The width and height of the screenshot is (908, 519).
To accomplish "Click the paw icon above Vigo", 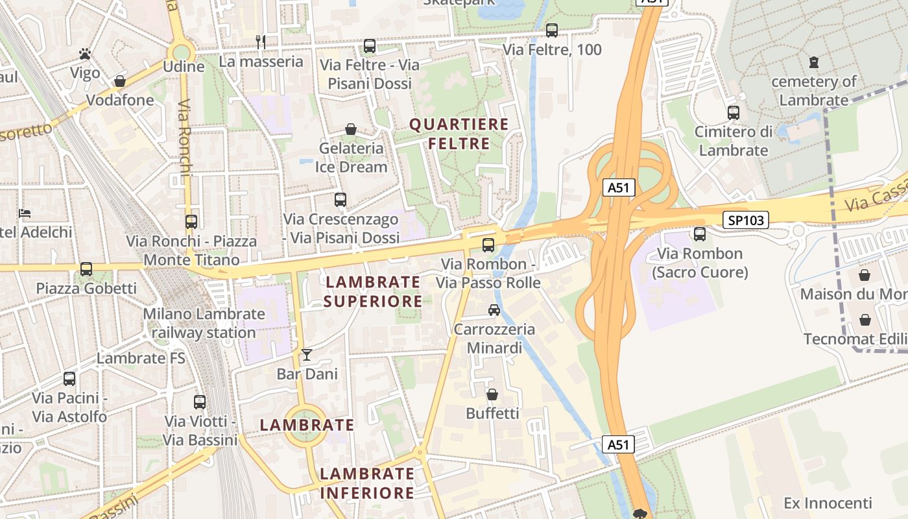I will (x=85, y=54).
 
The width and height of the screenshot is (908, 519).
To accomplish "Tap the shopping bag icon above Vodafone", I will (x=119, y=81).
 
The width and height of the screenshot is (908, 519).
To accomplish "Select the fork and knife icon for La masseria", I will (x=261, y=42).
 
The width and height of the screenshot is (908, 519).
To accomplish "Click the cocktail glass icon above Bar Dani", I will (x=307, y=355).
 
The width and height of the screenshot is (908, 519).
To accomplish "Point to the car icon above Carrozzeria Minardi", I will (x=494, y=309).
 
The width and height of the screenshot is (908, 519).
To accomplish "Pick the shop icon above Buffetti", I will (x=492, y=394).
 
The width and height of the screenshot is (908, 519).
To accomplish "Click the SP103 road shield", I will (x=746, y=220).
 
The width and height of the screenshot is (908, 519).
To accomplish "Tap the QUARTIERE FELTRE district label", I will (x=459, y=134).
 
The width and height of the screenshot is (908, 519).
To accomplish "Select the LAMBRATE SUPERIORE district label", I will (x=373, y=291).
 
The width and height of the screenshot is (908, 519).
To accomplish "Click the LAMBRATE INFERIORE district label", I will (x=367, y=483).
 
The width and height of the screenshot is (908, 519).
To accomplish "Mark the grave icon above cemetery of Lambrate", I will (x=814, y=62).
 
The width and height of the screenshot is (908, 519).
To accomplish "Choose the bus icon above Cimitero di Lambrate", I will (x=734, y=113).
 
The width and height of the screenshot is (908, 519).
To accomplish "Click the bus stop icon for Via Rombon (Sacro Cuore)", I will (x=700, y=234).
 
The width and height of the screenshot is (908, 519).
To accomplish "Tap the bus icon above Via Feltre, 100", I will (x=552, y=30).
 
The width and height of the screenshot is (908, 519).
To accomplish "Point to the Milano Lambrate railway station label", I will (x=204, y=323).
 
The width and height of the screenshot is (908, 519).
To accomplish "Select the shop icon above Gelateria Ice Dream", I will (x=351, y=129).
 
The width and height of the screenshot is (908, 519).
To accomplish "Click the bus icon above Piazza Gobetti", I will (x=86, y=269).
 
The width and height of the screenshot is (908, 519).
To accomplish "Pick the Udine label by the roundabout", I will (x=184, y=66).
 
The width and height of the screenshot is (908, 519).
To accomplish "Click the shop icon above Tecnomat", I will (x=865, y=320).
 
